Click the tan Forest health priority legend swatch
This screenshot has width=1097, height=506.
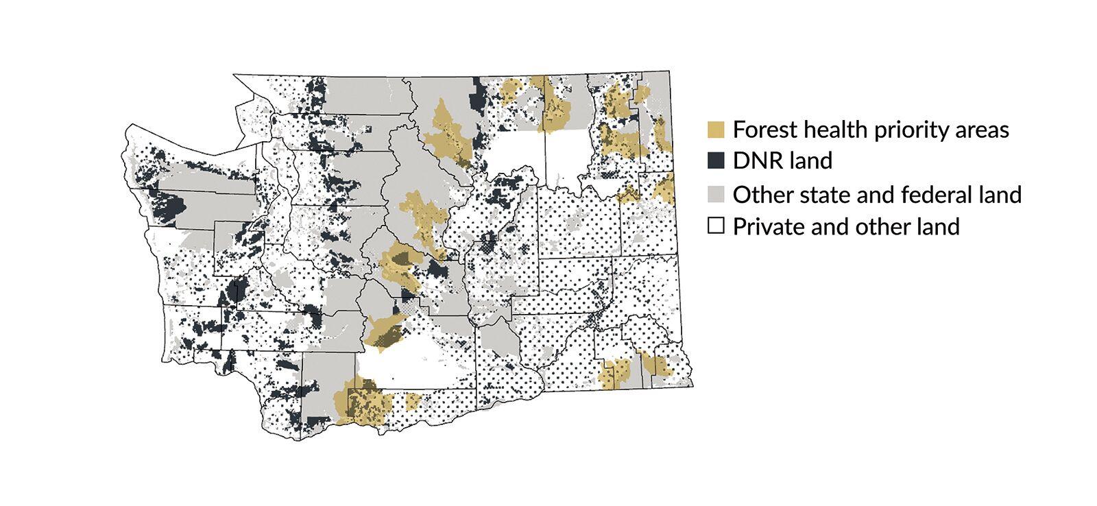click(x=716, y=130)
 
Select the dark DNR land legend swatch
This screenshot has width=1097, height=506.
click(x=716, y=161)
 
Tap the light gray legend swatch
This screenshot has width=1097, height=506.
click(x=716, y=195)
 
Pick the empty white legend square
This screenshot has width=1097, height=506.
click(x=716, y=226)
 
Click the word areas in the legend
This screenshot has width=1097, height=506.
click(x=983, y=130)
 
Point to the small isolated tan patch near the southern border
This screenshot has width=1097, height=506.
click(x=413, y=400)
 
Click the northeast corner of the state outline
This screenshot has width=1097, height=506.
click(x=668, y=71)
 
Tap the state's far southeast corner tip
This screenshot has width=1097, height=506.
click(x=692, y=385)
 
